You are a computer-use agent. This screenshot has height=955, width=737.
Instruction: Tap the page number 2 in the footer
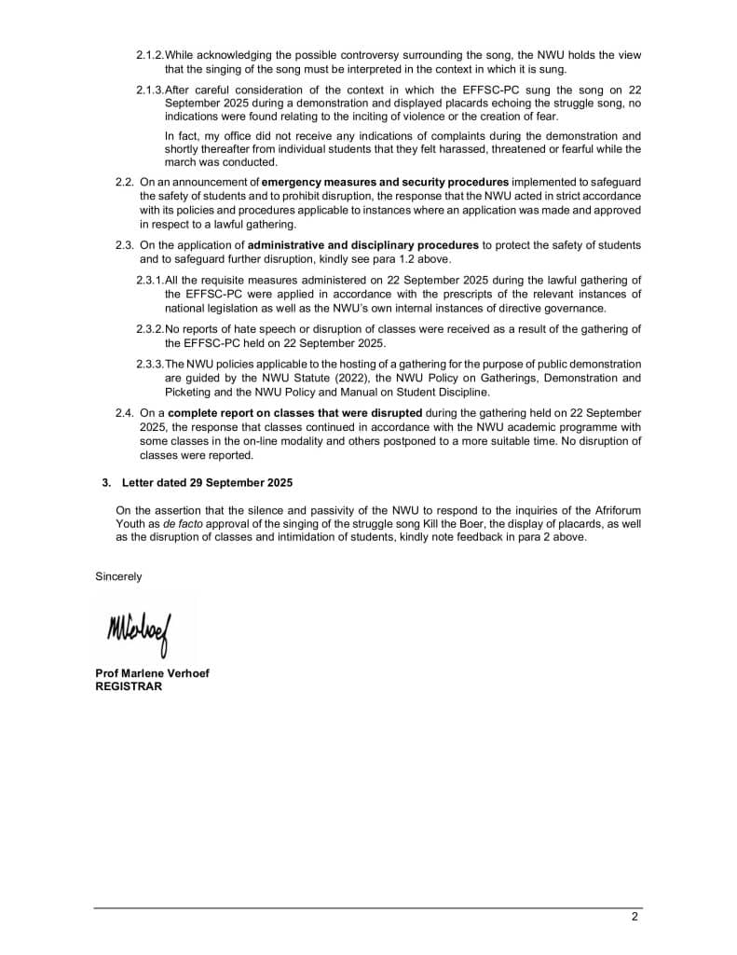coord(635,916)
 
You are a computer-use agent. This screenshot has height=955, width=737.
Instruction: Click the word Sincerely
coord(118,576)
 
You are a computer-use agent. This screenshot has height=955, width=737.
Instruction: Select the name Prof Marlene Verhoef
coord(152,674)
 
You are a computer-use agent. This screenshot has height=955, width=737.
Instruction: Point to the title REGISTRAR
coord(129,686)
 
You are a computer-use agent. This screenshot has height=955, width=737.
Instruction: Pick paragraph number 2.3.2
coord(149,329)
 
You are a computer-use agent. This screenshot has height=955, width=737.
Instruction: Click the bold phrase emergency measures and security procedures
coord(385,181)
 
